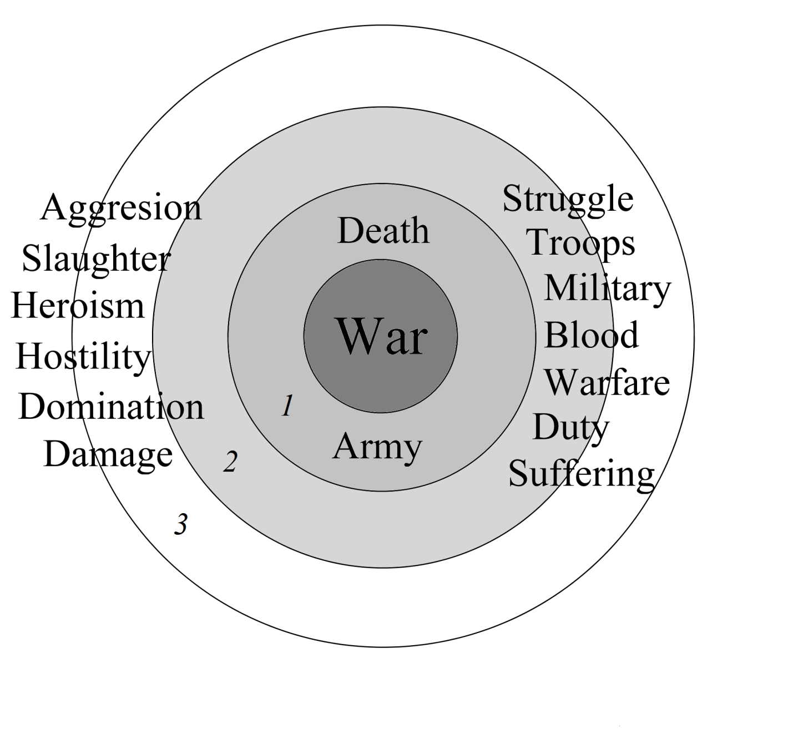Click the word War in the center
pos(382,336)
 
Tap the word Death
pos(383,231)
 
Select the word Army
pos(377,447)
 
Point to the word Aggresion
pos(121,209)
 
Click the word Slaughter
pos(95,259)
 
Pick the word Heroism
pos(78,306)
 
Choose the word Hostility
pos(83,356)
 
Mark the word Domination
pos(111,407)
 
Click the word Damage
pos(108,455)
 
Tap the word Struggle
pos(567,200)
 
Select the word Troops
pos(581,243)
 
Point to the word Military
pos(607,289)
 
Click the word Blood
pos(592,335)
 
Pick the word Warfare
pos(607,382)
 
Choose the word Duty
pos(570,428)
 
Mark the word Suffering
pos(582,474)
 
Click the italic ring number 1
pos(287,406)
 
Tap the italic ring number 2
pos(230,462)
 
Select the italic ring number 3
pos(181,524)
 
